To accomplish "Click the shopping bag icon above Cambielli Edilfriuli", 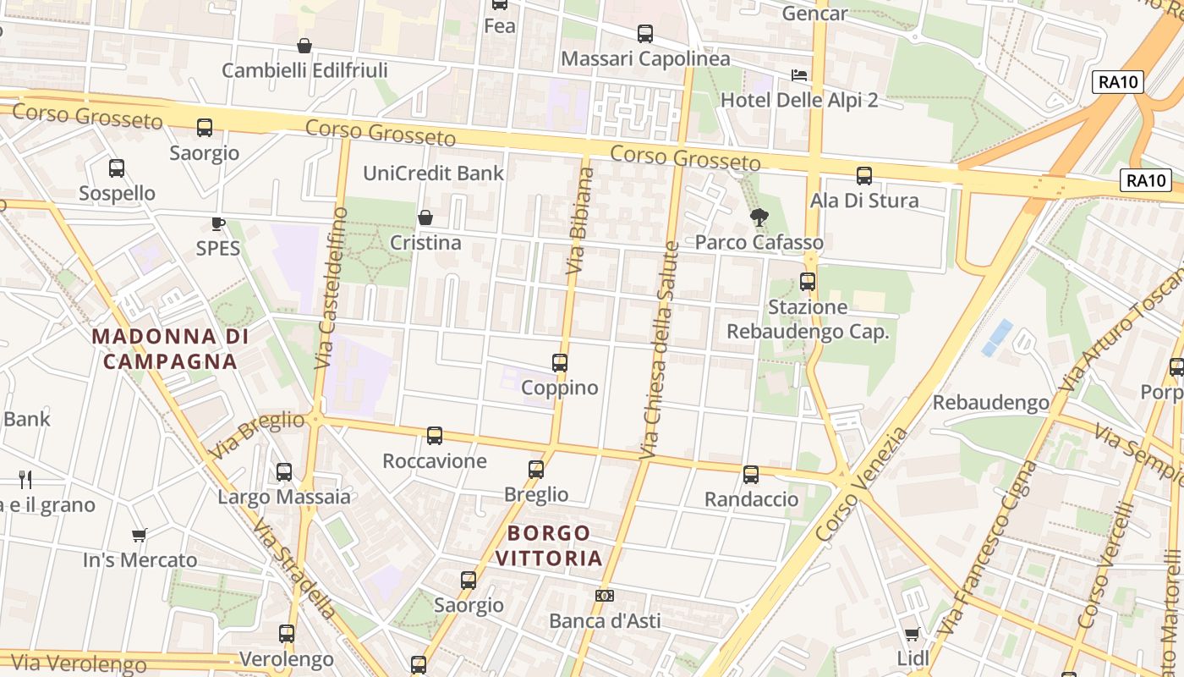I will pos(304,46).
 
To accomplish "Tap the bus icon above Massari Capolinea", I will pos(645,34).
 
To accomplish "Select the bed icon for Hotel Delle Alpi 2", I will pos(799,75).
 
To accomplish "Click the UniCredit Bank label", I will pos(433,173).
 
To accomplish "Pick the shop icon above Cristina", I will pos(425,218).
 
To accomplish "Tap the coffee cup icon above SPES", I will pos(218,224).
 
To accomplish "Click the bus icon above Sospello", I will pos(117,168).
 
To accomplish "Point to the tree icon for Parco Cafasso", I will pos(759,217).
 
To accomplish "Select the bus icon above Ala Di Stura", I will pos(863,176).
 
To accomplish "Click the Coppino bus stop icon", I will pos(559,363).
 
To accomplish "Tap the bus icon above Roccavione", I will pos(435,436).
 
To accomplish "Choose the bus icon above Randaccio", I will pos(751,475).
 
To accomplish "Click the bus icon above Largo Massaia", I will pos(284,472).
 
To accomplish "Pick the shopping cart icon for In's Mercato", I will pos(140,535).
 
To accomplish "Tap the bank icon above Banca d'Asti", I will pos(605,596).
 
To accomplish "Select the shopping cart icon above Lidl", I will pos(912,634).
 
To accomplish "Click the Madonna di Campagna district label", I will pos(170,349).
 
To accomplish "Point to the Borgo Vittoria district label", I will pos(549,546).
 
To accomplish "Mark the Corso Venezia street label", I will pos(862,485).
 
